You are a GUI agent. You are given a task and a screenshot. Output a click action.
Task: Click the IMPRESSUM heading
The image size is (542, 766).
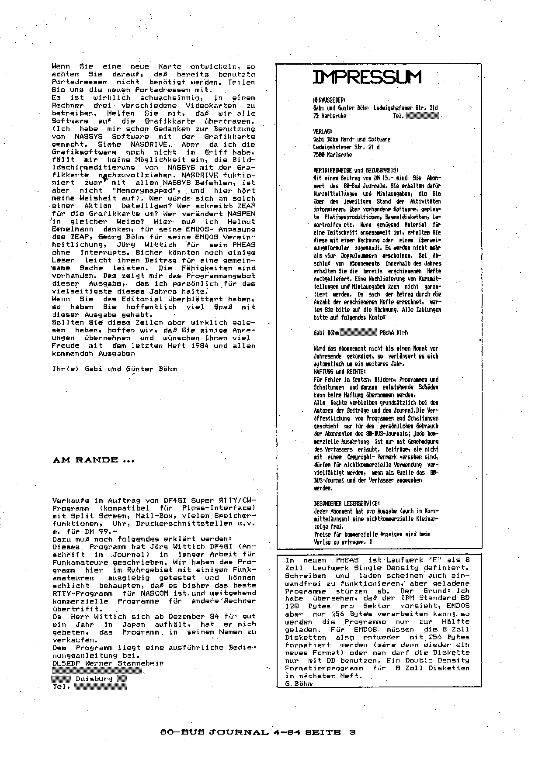(x=367, y=77)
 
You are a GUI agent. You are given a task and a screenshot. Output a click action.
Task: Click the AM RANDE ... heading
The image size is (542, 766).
(x=93, y=460)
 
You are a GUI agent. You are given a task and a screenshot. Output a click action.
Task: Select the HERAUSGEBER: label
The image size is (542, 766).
(x=329, y=100)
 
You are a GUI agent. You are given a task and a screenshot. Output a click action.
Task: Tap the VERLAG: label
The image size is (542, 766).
(x=323, y=131)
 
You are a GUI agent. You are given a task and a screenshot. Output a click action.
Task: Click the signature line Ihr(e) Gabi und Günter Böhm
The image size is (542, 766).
(x=114, y=369)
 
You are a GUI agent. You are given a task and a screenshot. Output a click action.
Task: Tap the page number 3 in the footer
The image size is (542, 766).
(x=352, y=732)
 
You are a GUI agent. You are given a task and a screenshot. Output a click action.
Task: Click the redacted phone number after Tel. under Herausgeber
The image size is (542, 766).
(x=422, y=116)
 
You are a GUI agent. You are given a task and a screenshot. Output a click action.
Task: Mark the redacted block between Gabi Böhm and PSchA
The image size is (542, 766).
(x=358, y=333)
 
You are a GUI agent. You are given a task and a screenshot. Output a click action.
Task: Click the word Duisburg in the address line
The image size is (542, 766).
(x=94, y=679)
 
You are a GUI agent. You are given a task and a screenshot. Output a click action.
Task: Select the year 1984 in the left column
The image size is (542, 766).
(x=201, y=346)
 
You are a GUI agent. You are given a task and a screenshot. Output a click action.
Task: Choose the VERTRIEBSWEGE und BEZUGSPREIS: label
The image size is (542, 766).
(x=356, y=170)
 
